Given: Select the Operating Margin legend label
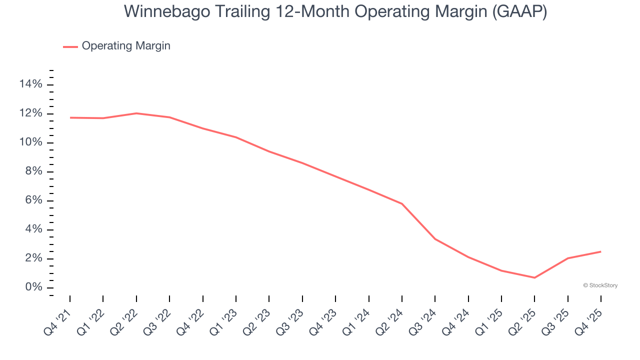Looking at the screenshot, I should coord(126,46).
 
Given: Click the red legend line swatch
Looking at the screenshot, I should coord(70,46).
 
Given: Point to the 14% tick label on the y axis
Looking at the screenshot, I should coord(30,84).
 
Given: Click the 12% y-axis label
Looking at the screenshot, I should coord(30,113).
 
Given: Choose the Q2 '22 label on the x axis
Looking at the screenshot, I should coord(124,320).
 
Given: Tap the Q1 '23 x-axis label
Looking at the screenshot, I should coord(223,320).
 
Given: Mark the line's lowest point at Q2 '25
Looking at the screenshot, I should coord(534,277).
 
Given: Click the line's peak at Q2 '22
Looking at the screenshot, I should coord(136,113).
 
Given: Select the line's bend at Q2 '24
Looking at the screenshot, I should coord(402,203).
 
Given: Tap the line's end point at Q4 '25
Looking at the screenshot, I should coord(600,251).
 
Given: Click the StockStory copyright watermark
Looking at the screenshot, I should coord(600,285).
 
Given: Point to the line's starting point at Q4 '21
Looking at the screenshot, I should coord(70,117).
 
